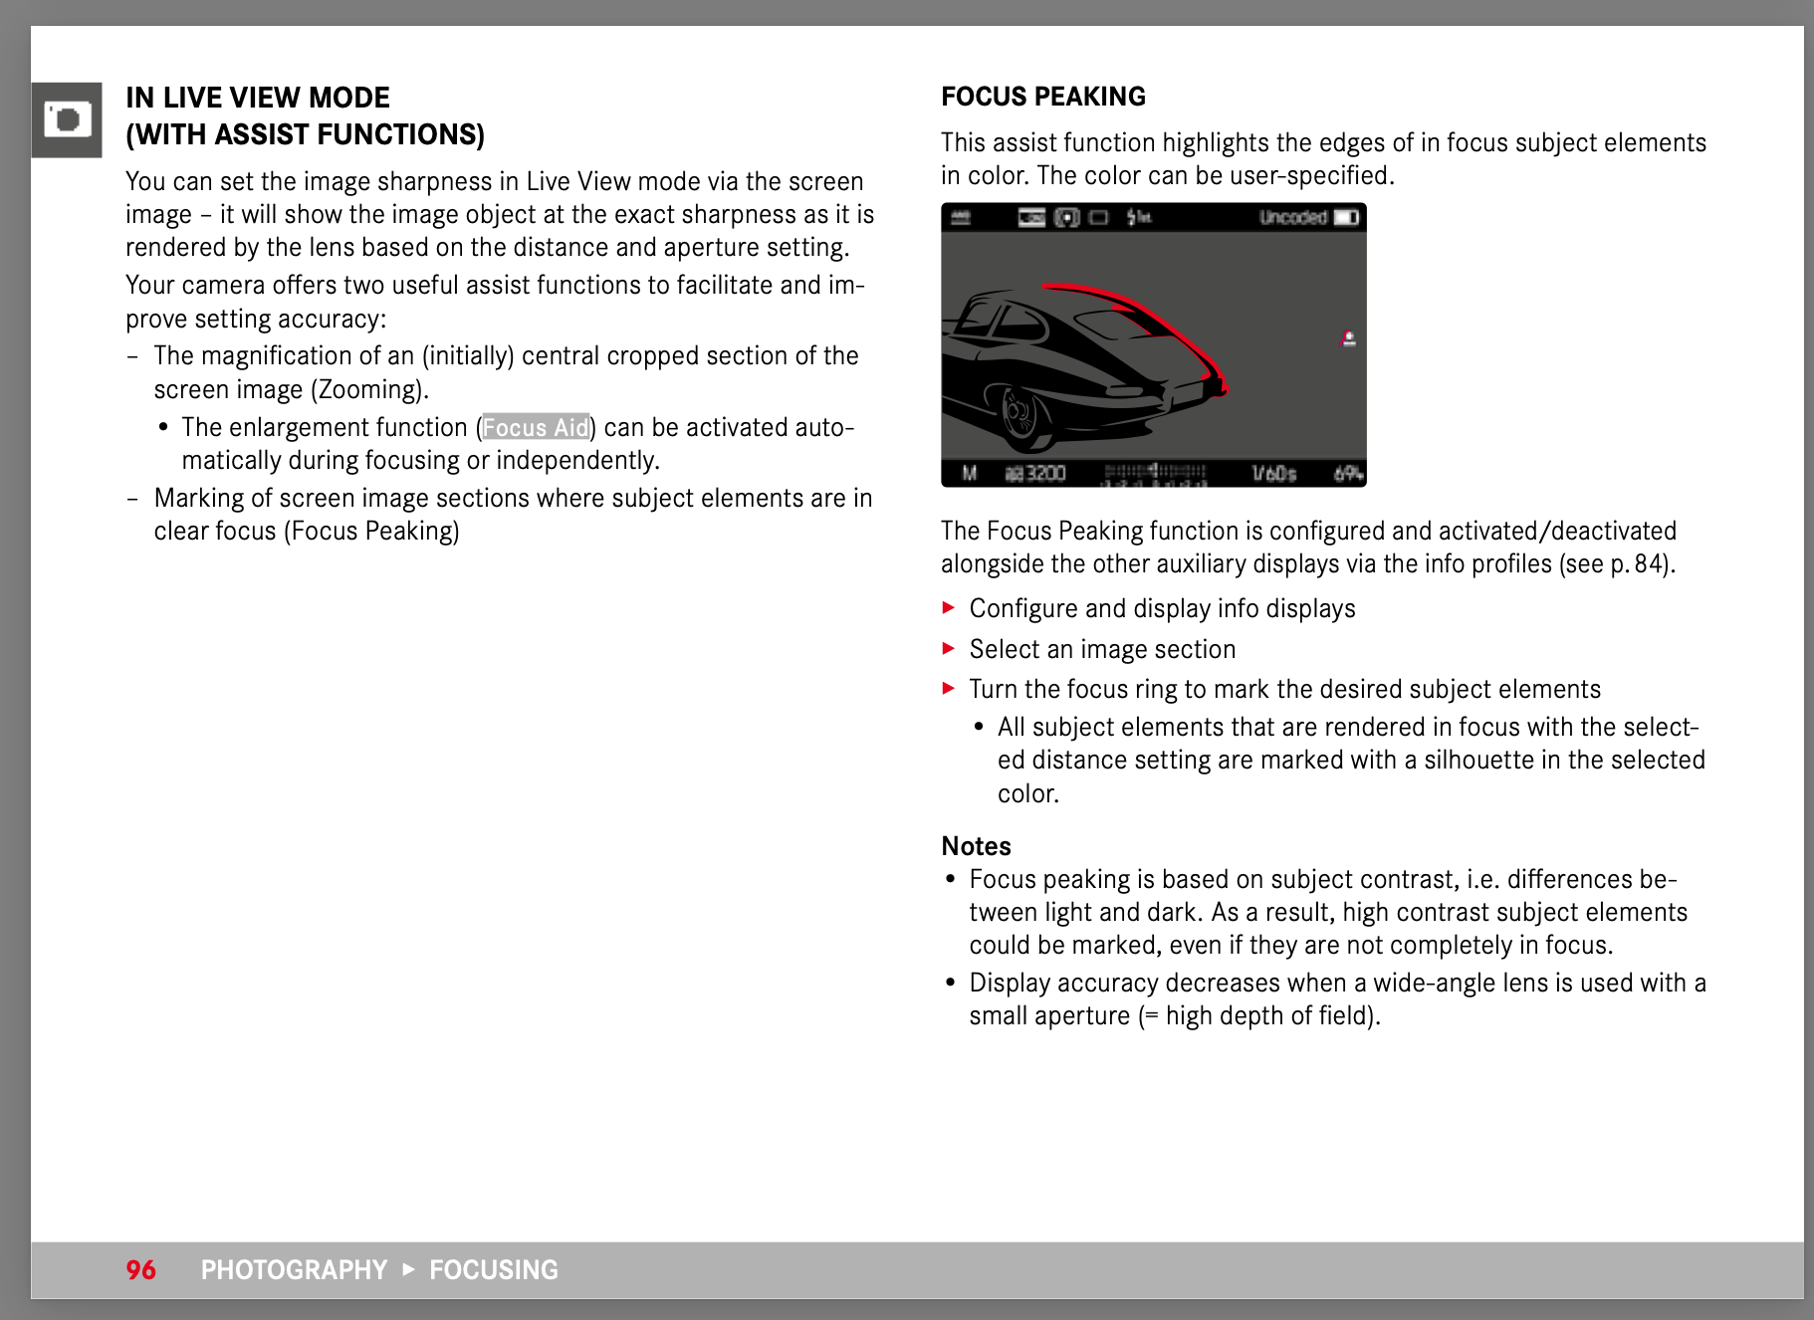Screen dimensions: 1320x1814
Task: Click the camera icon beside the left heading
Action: tap(67, 120)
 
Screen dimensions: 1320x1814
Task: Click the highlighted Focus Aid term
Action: tap(536, 427)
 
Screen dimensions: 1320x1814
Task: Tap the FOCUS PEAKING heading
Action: tap(1043, 97)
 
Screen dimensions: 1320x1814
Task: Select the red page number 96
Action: tap(140, 1270)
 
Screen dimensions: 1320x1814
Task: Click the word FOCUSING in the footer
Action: tap(494, 1270)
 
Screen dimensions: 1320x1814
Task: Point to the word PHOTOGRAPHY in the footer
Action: tap(294, 1270)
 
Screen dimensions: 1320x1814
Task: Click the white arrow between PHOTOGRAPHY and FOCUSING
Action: tap(408, 1269)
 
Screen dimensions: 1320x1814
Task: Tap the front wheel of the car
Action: tap(1019, 413)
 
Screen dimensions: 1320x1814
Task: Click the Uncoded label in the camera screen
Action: tap(1292, 218)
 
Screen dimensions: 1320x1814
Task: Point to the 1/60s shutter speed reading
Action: tap(1274, 474)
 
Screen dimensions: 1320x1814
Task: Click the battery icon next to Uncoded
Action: tap(1346, 218)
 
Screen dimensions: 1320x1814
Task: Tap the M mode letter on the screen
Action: tap(969, 474)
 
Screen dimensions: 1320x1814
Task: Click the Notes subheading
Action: tap(976, 846)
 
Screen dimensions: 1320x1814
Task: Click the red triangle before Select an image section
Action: tap(949, 649)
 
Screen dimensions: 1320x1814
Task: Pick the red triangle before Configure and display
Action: tap(949, 608)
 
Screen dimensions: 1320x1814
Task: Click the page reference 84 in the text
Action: tap(1649, 564)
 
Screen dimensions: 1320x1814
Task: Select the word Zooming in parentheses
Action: tap(368, 389)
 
